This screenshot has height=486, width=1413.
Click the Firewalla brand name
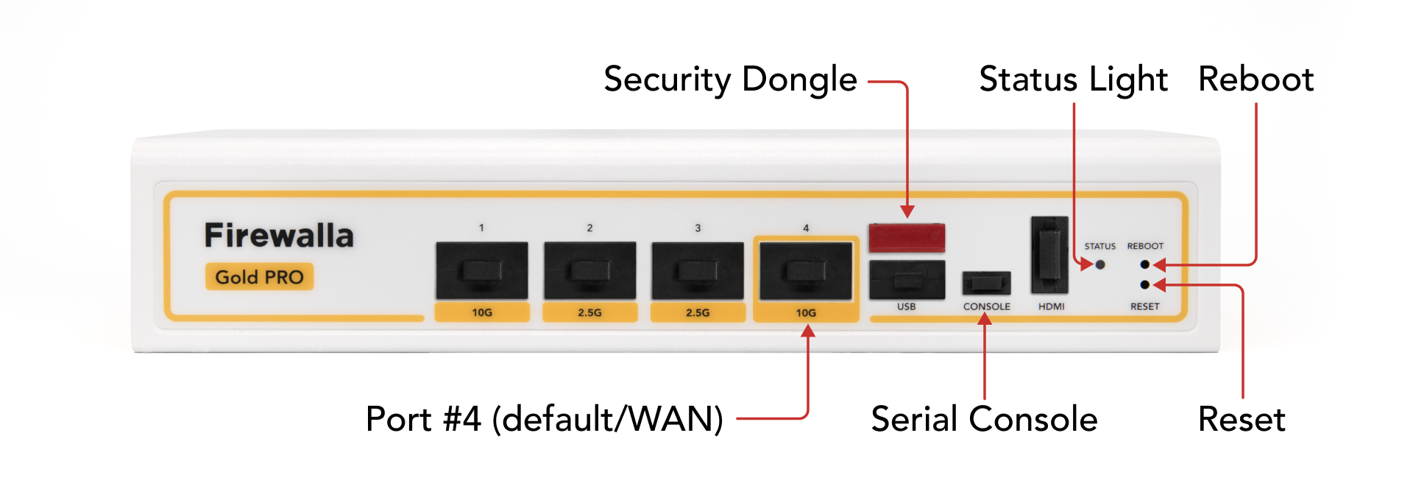point(278,236)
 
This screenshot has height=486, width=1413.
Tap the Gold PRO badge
point(259,277)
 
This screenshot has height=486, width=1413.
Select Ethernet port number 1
point(482,270)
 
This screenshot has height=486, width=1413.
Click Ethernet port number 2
point(589,270)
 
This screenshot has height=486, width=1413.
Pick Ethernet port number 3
point(698,270)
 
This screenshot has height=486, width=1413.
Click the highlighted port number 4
point(806,271)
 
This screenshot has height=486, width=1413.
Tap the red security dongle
point(907,237)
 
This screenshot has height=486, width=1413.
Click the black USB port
point(907,279)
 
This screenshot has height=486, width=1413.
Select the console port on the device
point(986,283)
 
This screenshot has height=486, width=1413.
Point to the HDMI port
point(1049,255)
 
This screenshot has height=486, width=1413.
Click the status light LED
point(1100,264)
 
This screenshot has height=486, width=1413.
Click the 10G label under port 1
point(482,312)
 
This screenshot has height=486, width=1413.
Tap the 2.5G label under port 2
point(589,312)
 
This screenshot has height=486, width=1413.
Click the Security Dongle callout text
point(730,80)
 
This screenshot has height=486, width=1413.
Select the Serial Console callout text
point(984,419)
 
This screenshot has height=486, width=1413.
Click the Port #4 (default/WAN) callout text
point(545,419)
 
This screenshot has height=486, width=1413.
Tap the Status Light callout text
point(1073,80)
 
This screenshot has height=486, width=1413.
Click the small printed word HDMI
point(1051,306)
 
